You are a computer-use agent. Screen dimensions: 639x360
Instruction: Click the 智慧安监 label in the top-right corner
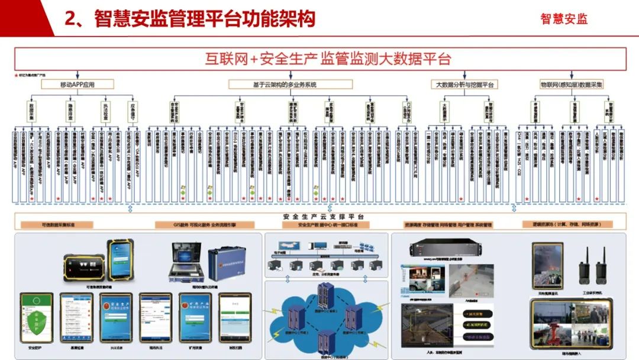click(564, 19)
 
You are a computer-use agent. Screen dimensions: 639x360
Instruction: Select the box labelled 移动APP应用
click(78, 85)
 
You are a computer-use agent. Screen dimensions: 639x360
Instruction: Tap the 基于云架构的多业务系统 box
click(289, 85)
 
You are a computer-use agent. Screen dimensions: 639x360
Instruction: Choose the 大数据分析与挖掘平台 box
click(464, 85)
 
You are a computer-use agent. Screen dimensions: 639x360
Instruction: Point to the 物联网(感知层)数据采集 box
click(572, 85)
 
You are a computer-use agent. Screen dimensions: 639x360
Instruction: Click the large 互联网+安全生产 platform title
click(328, 59)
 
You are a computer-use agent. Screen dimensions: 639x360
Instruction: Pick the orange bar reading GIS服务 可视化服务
click(205, 225)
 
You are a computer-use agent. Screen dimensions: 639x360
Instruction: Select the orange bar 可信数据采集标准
click(57, 225)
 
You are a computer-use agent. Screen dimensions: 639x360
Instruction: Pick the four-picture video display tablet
click(571, 323)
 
